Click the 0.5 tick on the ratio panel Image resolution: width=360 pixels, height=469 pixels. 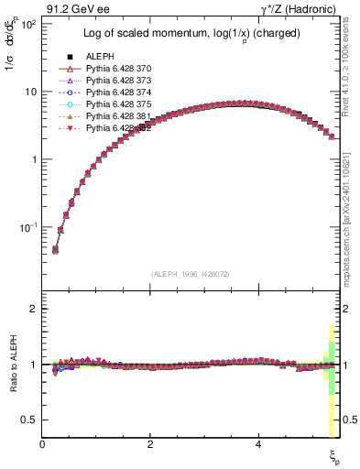[x=31, y=420]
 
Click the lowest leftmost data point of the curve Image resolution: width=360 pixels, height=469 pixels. [x=55, y=249]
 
